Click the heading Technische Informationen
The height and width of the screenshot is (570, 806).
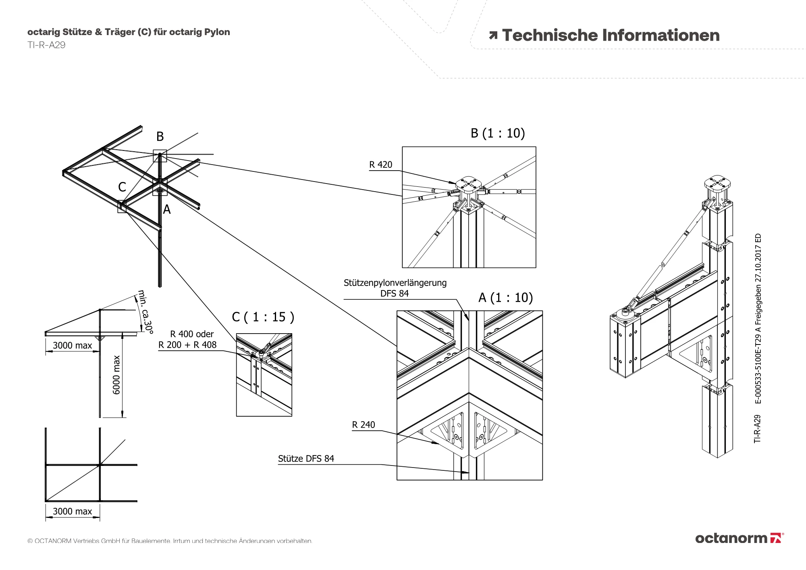pos(611,35)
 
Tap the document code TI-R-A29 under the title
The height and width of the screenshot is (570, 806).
pos(46,45)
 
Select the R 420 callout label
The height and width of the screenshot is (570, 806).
pos(380,165)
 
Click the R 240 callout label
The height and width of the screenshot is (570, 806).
pos(363,425)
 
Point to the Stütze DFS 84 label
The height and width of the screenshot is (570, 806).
pos(306,459)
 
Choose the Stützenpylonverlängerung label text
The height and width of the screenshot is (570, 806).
pos(395,283)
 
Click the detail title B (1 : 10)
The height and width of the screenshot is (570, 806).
pos(498,133)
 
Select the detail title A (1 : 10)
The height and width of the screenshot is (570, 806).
pos(505,298)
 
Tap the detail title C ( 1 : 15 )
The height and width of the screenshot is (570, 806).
pos(263,317)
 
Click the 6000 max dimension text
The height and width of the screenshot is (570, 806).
pos(116,375)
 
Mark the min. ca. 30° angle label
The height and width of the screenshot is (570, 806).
pos(145,312)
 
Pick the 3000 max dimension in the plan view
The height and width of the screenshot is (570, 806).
pos(73,512)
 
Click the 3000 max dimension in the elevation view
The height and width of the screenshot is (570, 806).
pos(73,345)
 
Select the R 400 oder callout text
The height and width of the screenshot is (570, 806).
pos(192,334)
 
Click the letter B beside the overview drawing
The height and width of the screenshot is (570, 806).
pos(160,137)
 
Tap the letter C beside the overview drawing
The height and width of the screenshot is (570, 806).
pos(122,187)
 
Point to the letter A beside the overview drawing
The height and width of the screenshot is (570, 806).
pos(167,210)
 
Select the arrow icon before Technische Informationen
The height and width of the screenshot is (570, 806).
pos(493,35)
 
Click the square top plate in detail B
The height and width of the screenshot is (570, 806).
pos(469,184)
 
